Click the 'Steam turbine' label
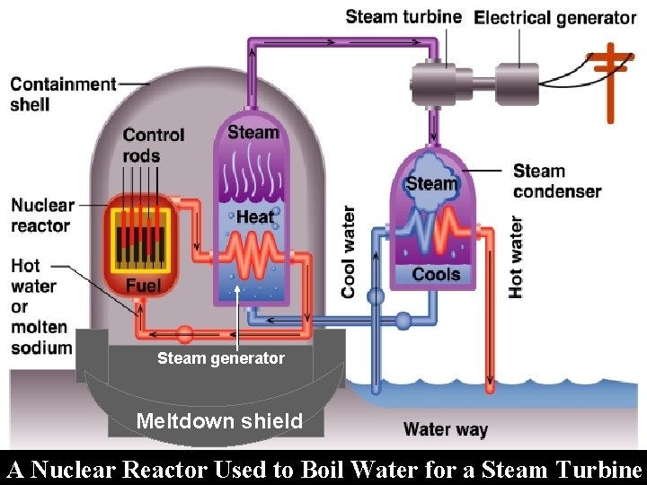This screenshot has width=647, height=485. (403, 16)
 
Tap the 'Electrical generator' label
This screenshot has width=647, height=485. (554, 17)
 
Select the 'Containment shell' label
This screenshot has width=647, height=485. (63, 94)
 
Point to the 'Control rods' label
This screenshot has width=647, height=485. (154, 145)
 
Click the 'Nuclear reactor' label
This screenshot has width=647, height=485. (42, 216)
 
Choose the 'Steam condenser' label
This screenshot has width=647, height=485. (557, 181)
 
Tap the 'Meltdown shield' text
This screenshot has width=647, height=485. (219, 420)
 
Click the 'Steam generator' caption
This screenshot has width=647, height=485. (221, 358)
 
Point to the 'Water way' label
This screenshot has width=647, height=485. (445, 429)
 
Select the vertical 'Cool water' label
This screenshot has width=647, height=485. (348, 251)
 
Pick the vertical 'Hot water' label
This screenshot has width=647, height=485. (516, 256)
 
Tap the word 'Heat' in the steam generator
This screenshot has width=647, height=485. (254, 216)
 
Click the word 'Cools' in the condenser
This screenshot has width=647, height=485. (435, 274)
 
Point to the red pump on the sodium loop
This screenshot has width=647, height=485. (184, 335)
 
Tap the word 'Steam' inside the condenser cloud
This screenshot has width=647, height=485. (431, 184)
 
